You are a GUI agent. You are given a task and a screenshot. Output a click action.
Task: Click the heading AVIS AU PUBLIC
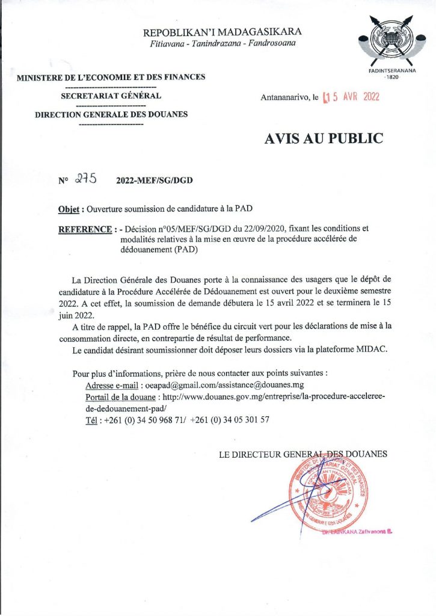click(324, 138)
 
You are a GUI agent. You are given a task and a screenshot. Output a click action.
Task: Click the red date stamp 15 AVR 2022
click(351, 97)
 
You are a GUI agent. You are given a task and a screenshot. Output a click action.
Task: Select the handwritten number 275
click(88, 179)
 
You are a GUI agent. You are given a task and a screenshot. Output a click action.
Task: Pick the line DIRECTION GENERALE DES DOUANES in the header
click(111, 114)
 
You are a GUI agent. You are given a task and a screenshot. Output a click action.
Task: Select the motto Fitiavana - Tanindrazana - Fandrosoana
click(223, 45)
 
